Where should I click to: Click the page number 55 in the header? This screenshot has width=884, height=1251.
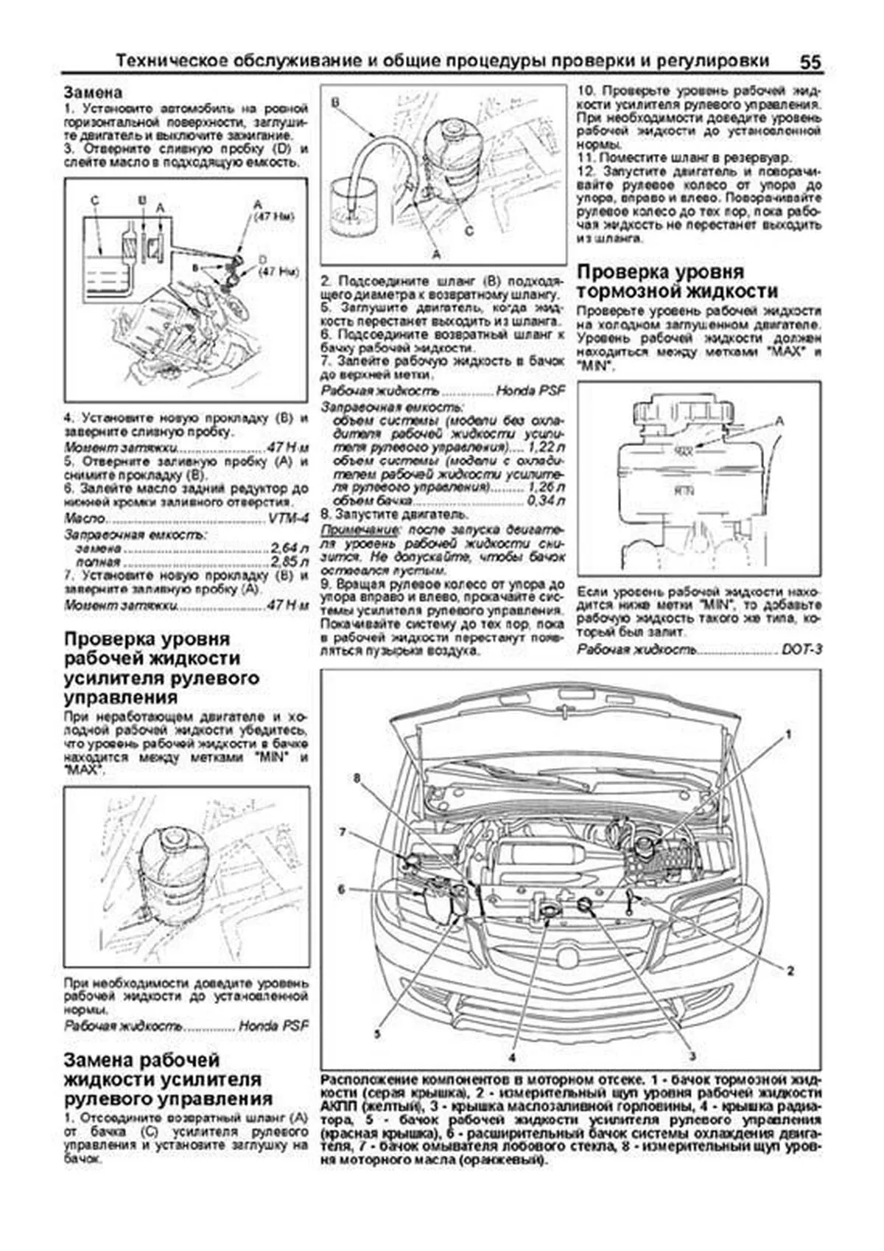pos(810,61)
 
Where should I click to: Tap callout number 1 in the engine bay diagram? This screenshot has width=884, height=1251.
pos(787,734)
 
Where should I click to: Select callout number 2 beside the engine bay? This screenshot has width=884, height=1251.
pos(790,971)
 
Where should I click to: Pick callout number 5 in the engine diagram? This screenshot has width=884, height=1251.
pos(376,1034)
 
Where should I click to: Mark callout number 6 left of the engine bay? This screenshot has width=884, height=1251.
pos(341,890)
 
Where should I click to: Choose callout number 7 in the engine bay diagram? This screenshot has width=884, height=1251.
pos(343,832)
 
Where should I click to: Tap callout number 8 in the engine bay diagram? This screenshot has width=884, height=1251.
pos(357,778)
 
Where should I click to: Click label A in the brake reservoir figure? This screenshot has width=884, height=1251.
pos(780,420)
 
